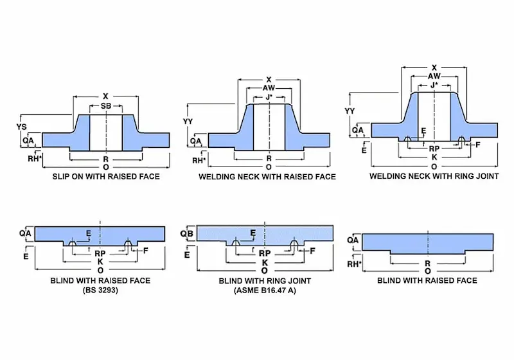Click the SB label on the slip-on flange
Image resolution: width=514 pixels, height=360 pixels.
click(105, 105)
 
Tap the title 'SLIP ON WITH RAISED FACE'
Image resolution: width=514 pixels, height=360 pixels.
click(105, 175)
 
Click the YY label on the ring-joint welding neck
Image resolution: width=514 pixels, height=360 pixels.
click(350, 111)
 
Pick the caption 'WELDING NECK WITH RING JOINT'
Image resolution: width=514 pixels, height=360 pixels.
click(434, 175)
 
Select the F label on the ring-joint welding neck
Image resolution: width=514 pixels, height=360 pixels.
click(477, 145)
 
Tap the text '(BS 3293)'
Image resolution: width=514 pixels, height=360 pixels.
click(100, 290)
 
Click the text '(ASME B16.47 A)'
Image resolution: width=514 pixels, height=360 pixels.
click(265, 290)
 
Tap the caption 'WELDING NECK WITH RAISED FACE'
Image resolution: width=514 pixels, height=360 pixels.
click(267, 175)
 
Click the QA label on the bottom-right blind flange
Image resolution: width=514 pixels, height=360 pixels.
click(353, 240)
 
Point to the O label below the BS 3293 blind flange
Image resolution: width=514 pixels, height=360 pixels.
click(100, 271)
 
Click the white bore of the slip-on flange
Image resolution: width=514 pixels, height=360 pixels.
click(105, 131)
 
